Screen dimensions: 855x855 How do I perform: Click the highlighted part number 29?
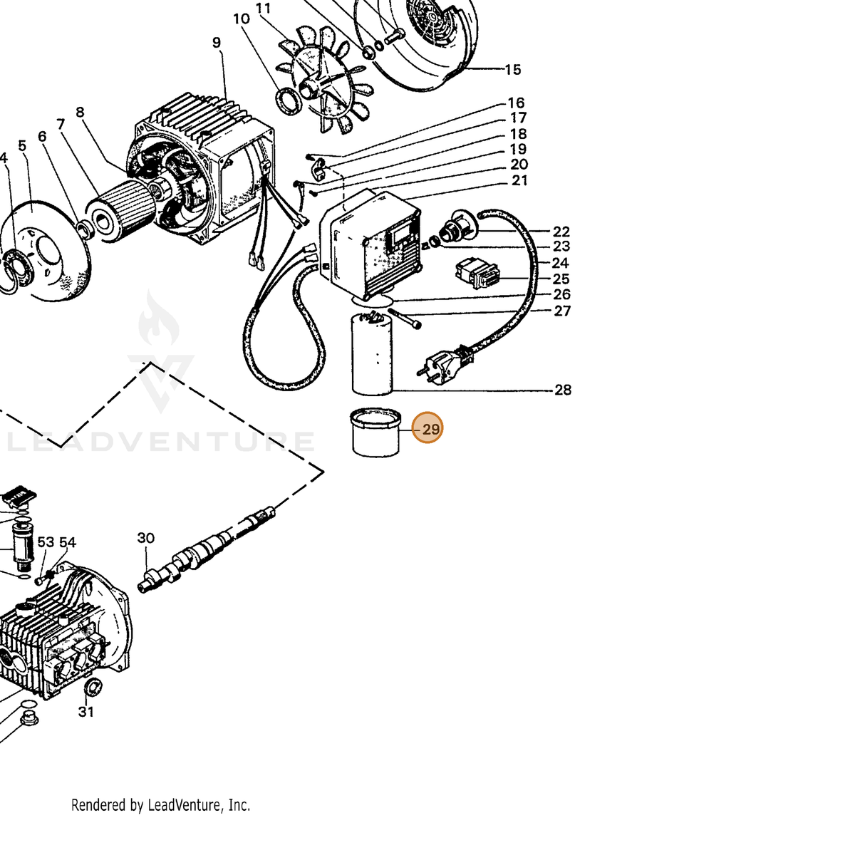click(x=430, y=429)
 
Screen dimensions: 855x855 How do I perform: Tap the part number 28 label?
click(x=563, y=390)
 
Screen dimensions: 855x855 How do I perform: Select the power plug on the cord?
click(x=442, y=365)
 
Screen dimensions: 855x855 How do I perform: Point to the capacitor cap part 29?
click(x=375, y=432)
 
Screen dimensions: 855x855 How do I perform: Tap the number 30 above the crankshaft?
click(x=145, y=538)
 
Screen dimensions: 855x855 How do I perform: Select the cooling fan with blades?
click(x=321, y=79)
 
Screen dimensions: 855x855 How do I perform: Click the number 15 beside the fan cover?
click(x=512, y=70)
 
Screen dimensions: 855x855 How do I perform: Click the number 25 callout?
click(x=561, y=279)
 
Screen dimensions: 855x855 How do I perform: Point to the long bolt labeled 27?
click(x=405, y=319)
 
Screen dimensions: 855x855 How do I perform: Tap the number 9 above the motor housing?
click(x=216, y=43)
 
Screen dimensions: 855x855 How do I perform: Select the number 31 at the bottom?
click(x=86, y=712)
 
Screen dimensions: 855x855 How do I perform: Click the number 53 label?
click(x=46, y=541)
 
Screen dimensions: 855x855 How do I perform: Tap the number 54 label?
click(x=68, y=541)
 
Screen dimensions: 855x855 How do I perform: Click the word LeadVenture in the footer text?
click(x=184, y=805)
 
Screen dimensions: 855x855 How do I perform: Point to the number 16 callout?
click(x=516, y=103)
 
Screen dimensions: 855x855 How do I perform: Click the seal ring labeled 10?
click(x=288, y=102)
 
